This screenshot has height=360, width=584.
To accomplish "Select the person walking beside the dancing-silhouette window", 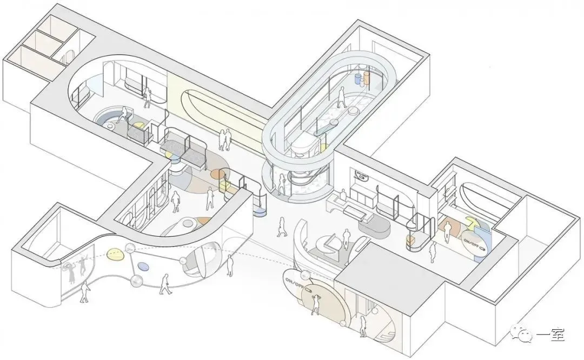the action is click(x=85, y=292).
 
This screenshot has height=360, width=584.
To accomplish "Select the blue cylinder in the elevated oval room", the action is click(x=358, y=80).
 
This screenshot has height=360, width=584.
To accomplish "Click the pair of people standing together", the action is click(x=222, y=141).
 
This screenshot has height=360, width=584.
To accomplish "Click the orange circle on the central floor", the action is click(x=218, y=174).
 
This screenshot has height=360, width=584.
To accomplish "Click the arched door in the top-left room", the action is click(x=68, y=56).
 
